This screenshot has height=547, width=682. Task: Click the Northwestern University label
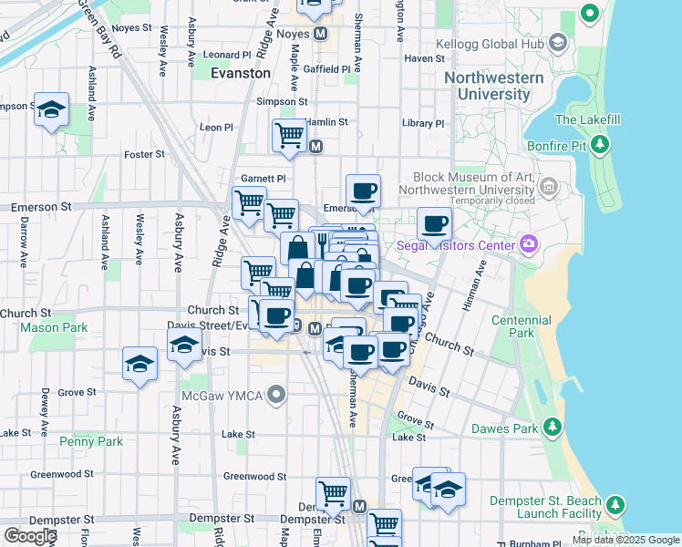pyautogui.click(x=493, y=86)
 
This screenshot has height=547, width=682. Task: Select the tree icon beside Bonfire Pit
pyautogui.click(x=600, y=143)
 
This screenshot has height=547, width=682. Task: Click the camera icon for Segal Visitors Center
pyautogui.click(x=528, y=243)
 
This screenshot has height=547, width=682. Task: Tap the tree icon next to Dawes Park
pyautogui.click(x=551, y=427)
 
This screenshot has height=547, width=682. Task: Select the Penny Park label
pyautogui.click(x=90, y=441)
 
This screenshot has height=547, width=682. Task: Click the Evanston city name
pyautogui.click(x=240, y=73)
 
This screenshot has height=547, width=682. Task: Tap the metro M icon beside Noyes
pyautogui.click(x=321, y=34)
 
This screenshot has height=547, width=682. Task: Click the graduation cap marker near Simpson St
pyautogui.click(x=52, y=109)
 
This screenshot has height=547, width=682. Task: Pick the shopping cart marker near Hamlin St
pyautogui.click(x=289, y=135)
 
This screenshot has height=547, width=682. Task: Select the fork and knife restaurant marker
pyautogui.click(x=322, y=243)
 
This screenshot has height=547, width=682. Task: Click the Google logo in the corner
pyautogui.click(x=30, y=536)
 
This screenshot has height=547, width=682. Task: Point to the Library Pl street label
pyautogui.click(x=423, y=124)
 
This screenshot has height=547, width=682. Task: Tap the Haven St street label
pyautogui.click(x=423, y=58)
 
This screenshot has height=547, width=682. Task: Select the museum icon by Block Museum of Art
pyautogui.click(x=549, y=188)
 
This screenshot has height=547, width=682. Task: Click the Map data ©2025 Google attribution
pyautogui.click(x=625, y=540)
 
